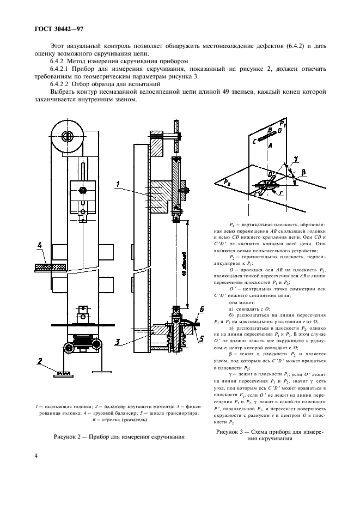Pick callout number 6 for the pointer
[x=201, y=308]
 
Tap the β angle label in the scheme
[x=304, y=173]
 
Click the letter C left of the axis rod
[x=254, y=140]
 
